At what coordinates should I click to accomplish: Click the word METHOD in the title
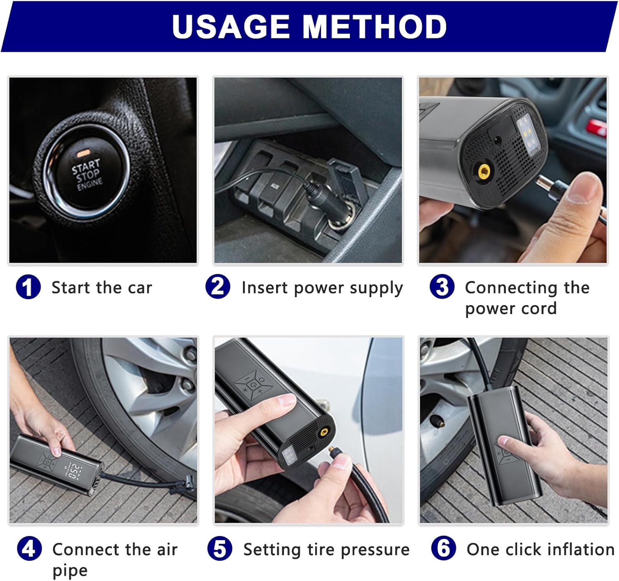tap(374, 27)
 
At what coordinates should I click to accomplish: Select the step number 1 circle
tap(28, 287)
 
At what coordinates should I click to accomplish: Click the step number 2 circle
tap(218, 287)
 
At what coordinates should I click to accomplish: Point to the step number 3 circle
tap(442, 287)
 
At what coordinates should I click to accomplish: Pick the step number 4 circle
tap(29, 549)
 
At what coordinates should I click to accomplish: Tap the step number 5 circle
tap(220, 549)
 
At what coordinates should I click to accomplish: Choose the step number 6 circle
tap(443, 548)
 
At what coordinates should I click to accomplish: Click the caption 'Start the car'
tap(102, 288)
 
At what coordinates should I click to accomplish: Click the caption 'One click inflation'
tap(540, 550)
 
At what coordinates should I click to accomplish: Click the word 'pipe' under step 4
tap(70, 571)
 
